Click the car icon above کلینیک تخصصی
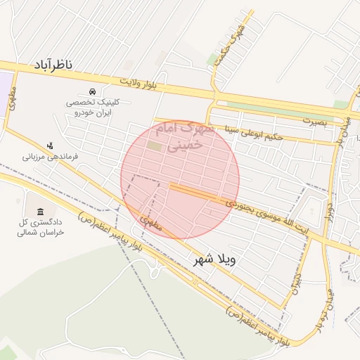92,91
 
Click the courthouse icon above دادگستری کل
39,212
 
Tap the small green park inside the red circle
153,146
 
